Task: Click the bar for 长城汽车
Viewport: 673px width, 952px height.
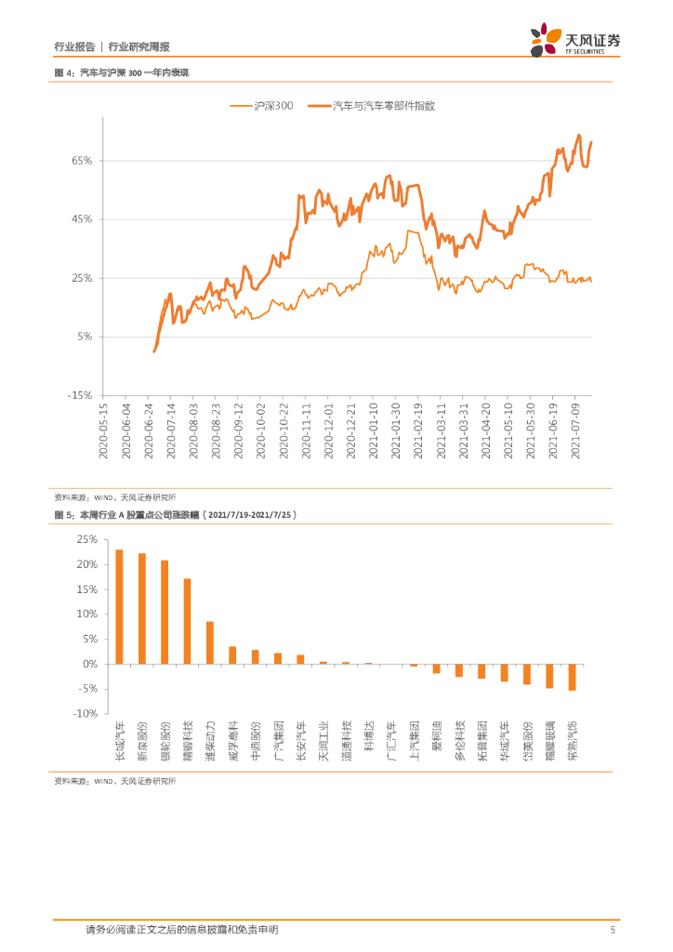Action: coord(119,606)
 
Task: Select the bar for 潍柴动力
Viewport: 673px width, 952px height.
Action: coord(210,642)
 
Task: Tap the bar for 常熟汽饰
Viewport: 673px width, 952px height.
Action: coord(572,677)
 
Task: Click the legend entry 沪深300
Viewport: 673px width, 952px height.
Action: coord(262,107)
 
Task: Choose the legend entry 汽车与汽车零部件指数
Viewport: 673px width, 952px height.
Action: coord(372,107)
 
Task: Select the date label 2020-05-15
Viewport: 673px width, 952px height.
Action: coord(103,430)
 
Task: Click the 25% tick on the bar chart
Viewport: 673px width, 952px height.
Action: coord(86,539)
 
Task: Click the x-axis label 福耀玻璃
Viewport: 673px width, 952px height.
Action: coord(549,742)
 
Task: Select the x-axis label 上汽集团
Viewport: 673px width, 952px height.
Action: coord(414,742)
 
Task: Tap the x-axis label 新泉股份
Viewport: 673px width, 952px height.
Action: coord(142,742)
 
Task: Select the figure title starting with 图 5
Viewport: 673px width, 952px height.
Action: coord(176,514)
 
